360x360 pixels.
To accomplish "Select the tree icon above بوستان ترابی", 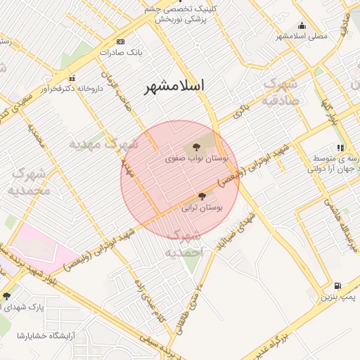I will tap(202, 196).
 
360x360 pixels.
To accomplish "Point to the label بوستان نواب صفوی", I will tap(194, 160).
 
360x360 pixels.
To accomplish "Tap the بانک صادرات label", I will tap(121, 53).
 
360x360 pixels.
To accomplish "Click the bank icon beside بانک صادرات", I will tap(121, 41).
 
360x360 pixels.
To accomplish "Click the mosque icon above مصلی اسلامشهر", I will tap(302, 25).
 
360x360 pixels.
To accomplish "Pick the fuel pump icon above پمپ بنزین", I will tap(337, 285).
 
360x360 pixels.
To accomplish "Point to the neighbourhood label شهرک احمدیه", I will tap(187, 243).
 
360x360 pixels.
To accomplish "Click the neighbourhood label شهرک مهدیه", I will tap(103, 144).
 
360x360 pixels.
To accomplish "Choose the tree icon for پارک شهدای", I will tap(7, 296).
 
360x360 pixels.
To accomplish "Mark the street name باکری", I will tap(242, 110).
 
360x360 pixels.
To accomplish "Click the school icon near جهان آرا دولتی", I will tap(341, 148).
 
